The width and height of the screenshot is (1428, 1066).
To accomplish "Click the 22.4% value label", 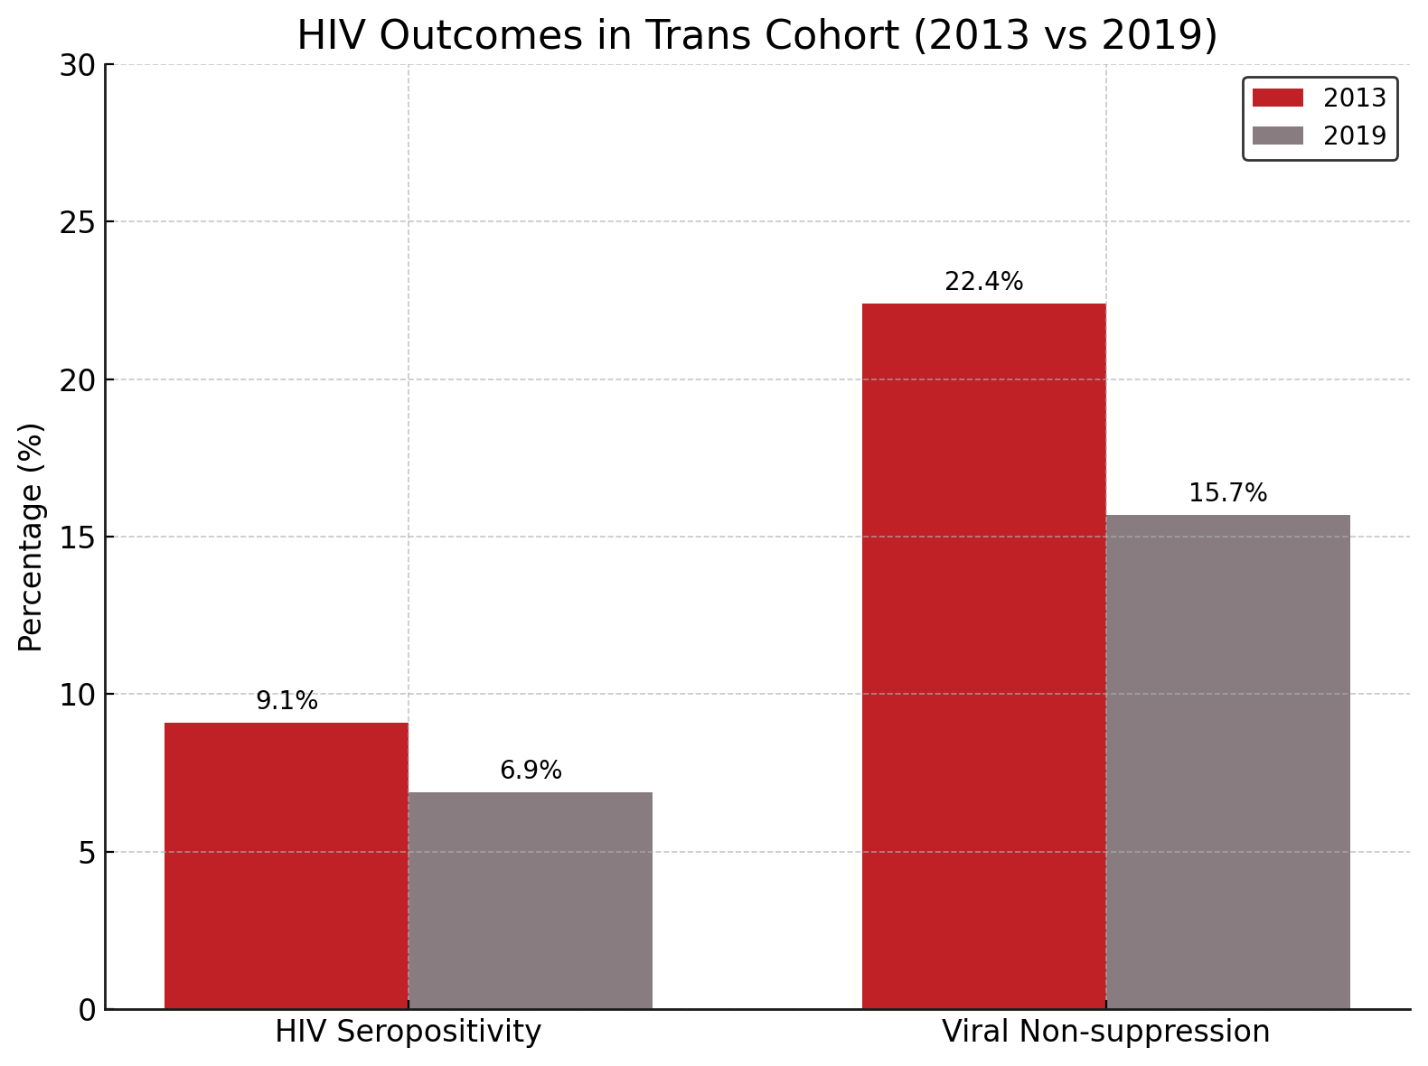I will pyautogui.click(x=983, y=282).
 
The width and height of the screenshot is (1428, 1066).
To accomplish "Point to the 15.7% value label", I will pyautogui.click(x=1227, y=493).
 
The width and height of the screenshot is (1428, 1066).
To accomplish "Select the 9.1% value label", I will pyautogui.click(x=287, y=701).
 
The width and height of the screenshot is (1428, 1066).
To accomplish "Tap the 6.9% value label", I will pyautogui.click(x=531, y=771).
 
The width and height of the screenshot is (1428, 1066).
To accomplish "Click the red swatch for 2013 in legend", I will pyautogui.click(x=1277, y=98).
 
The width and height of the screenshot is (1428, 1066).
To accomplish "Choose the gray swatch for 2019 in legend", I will pyautogui.click(x=1277, y=136).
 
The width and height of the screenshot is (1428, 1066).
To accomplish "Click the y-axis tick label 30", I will pyautogui.click(x=78, y=65).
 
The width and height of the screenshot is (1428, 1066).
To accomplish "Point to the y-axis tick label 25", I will pyautogui.click(x=78, y=222).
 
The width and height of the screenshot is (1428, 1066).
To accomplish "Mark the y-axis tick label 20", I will pyautogui.click(x=78, y=379).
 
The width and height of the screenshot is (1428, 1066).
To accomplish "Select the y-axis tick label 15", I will pyautogui.click(x=78, y=538).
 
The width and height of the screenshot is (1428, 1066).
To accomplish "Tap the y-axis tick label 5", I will pyautogui.click(x=87, y=852).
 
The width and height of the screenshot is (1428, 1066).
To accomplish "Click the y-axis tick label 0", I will pyautogui.click(x=87, y=1010).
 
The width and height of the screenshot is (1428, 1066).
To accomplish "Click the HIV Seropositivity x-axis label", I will pyautogui.click(x=408, y=1032).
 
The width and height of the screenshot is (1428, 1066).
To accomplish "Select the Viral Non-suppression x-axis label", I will pyautogui.click(x=1105, y=1032).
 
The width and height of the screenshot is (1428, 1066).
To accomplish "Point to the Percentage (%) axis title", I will pyautogui.click(x=31, y=537).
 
